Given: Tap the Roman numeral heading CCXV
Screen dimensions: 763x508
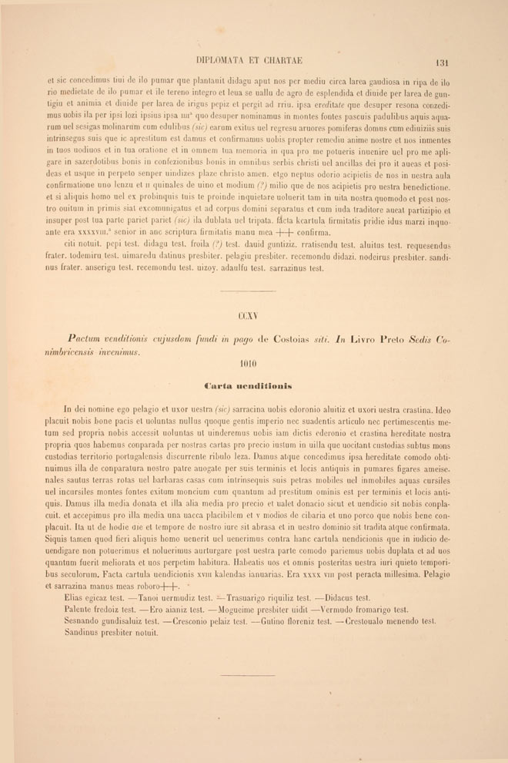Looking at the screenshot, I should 248,315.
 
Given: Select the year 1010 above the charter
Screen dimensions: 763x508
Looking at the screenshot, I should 248,364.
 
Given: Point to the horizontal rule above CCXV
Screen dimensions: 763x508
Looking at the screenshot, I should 248,291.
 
